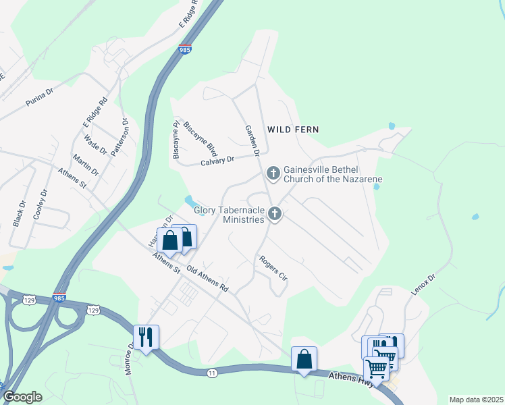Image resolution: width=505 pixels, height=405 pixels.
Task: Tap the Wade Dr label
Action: point(91,143)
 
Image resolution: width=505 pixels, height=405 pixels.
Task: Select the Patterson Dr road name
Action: point(119,137)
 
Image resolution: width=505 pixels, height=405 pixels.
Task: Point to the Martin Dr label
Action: point(86,163)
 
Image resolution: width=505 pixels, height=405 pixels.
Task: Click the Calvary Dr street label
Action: point(217,160)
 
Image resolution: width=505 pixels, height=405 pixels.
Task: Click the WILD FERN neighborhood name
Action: point(292,129)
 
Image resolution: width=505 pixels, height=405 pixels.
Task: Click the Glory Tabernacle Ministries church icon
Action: point(274,215)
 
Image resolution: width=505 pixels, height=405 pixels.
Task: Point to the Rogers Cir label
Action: point(274,268)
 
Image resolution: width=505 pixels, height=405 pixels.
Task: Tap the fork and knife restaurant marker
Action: point(146,336)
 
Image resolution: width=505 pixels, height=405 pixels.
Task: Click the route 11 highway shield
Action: point(213,373)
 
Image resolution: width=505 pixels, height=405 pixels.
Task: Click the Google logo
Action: point(22,397)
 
